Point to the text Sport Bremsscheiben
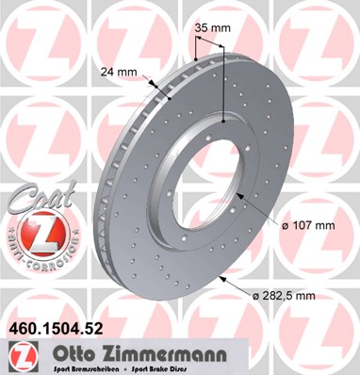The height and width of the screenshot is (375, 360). pos(81,368)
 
